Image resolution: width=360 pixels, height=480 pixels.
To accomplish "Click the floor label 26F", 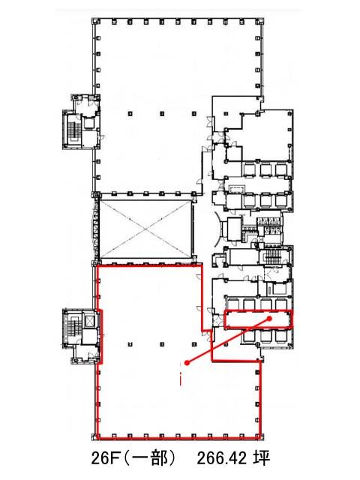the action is click(106, 458).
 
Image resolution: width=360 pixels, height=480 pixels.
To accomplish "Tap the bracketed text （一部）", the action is click(150, 458).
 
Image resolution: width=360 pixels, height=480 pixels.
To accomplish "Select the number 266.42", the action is click(222, 458).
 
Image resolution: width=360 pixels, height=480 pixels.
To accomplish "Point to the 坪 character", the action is click(262, 458).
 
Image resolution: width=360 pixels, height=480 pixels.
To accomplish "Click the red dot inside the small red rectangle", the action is click(270, 319).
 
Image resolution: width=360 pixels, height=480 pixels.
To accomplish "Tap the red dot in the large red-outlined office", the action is click(187, 363).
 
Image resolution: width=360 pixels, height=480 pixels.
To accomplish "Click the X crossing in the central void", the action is click(146, 229).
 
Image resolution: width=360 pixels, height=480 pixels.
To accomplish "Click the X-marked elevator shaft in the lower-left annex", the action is click(89, 321).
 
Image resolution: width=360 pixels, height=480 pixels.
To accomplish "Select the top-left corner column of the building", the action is click(97, 21).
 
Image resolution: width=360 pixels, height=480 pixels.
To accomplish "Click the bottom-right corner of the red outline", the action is click(260, 436).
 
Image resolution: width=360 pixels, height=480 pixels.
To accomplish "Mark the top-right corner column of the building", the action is click(260, 21).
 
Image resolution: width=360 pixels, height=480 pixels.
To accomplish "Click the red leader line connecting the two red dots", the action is click(228, 340).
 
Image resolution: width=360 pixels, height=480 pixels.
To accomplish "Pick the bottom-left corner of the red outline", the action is click(97, 436).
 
